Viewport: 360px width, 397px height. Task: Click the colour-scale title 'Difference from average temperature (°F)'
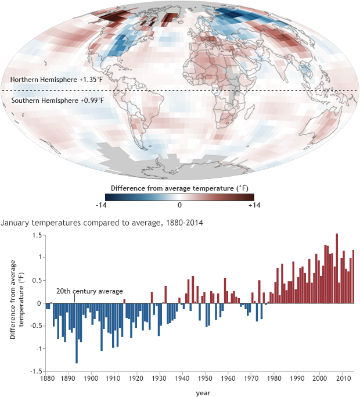(x=180, y=187)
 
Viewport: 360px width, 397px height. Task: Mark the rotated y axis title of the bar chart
(x=17, y=303)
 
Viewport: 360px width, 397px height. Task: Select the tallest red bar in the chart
(x=337, y=268)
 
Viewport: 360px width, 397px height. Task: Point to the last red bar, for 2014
(x=353, y=277)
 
